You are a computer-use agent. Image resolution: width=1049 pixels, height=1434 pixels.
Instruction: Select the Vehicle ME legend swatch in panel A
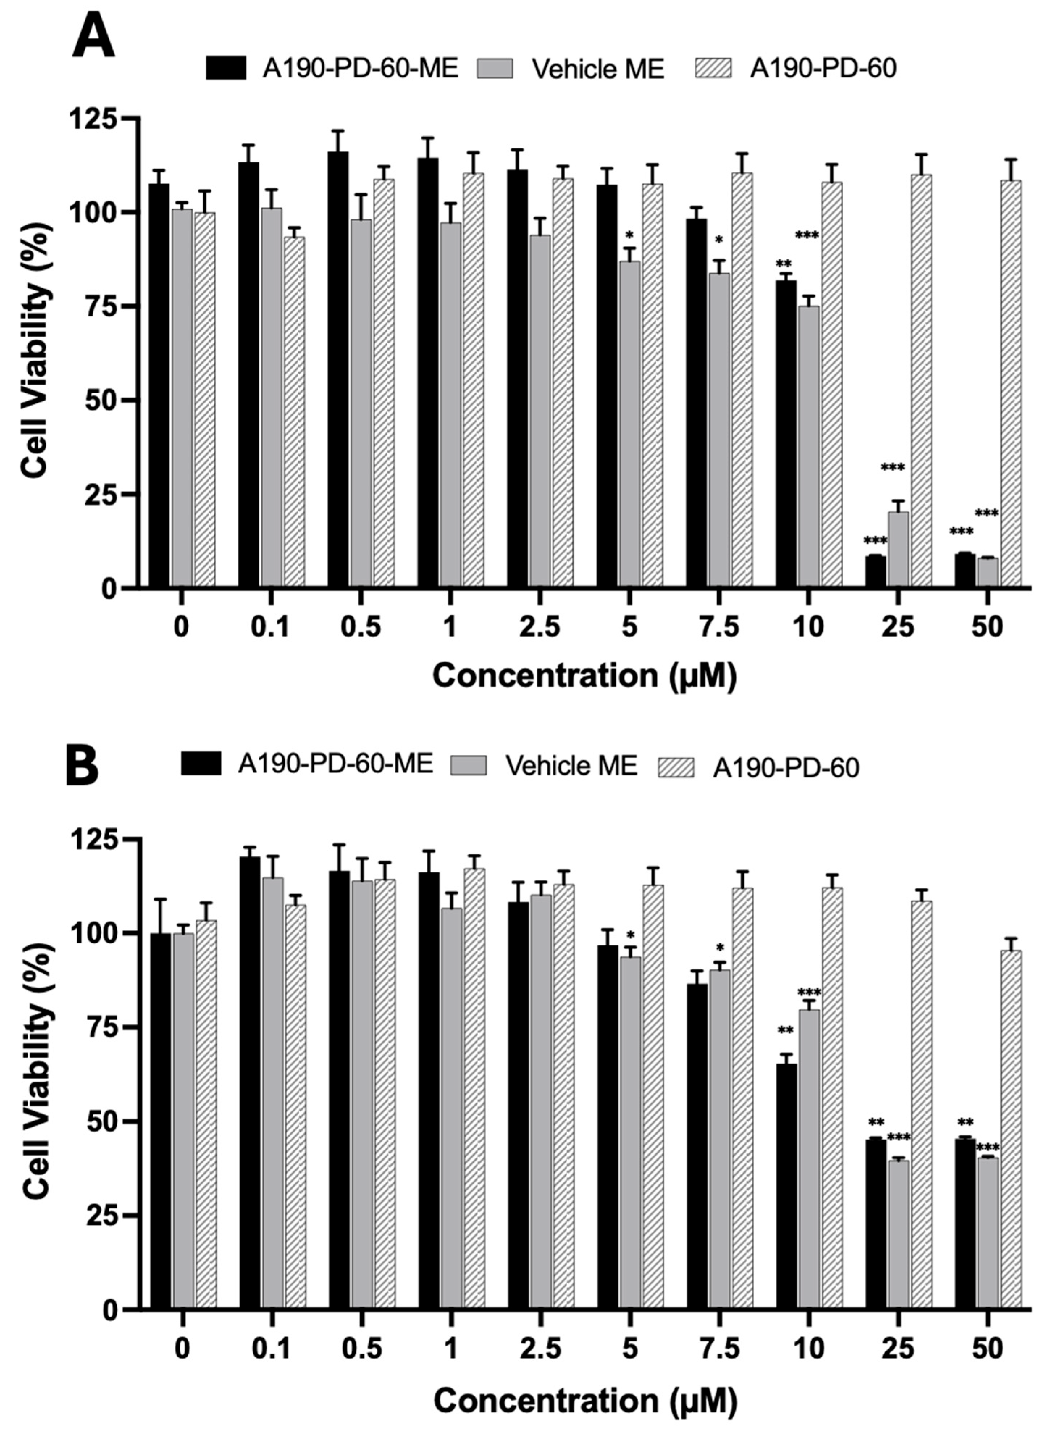click(x=495, y=68)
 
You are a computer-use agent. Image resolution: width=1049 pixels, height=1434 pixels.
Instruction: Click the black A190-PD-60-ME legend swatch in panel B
click(x=201, y=763)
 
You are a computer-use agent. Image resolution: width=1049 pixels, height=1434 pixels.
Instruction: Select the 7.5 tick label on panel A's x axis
click(x=719, y=628)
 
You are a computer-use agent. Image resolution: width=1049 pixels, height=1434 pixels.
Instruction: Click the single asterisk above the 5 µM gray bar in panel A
click(x=629, y=234)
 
